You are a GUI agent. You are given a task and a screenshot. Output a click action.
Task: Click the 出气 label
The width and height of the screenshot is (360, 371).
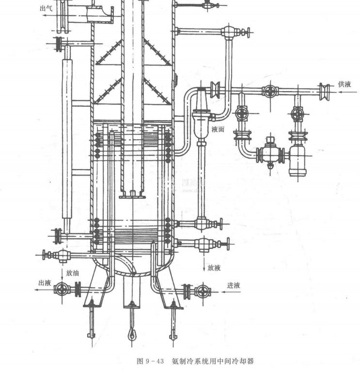(46, 8)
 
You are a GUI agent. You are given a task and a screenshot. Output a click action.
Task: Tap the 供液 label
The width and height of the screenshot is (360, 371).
(344, 84)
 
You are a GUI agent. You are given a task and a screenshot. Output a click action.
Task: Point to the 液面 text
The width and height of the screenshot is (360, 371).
(218, 129)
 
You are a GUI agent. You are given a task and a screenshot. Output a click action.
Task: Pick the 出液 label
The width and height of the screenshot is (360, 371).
(45, 282)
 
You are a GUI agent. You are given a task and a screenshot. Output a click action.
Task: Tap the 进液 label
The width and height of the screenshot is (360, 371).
(234, 285)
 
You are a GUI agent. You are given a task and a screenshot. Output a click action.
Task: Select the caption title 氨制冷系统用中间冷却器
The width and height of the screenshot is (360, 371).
(213, 361)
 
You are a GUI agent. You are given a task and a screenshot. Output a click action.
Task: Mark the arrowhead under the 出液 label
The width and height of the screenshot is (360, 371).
(37, 290)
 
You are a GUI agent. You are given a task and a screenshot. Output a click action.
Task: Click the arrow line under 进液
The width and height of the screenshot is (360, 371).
(228, 291)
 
